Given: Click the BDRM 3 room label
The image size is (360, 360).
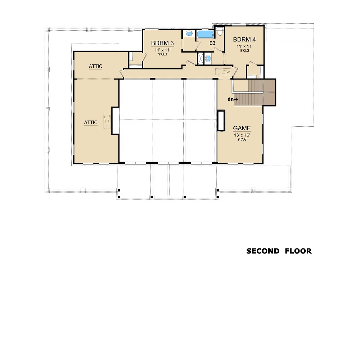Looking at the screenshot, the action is tap(162, 43).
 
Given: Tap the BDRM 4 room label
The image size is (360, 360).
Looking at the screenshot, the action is tap(244, 40).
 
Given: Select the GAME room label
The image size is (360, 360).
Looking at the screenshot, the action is tap(242, 128).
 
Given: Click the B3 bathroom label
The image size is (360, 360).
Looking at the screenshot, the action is tap(212, 43).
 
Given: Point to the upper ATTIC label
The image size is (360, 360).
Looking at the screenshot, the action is tap(95, 66).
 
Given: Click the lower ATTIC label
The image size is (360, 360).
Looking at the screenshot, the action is tap(91, 123).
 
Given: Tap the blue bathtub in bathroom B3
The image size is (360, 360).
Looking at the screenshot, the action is tap(206, 35).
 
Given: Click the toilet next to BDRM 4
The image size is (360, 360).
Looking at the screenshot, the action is tap(220, 31).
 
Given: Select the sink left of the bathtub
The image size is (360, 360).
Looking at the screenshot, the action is tap(189, 33).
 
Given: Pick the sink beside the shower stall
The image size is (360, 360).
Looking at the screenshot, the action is tap(208, 58).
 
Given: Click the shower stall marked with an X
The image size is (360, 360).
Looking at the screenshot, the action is tap(201, 59).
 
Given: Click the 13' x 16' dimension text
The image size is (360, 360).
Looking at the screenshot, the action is tap(242, 135).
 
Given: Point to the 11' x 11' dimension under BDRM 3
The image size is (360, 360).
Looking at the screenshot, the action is tap(163, 50).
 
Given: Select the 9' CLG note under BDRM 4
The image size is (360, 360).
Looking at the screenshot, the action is tap(244, 50).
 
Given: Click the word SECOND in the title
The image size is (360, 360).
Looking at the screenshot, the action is tap(263, 251).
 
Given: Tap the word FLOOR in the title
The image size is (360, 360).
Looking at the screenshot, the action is tap(298, 251).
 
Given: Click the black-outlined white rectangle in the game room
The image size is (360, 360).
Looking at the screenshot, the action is tap(221, 121).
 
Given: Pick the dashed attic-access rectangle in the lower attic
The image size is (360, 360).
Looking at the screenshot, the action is tap(107, 121).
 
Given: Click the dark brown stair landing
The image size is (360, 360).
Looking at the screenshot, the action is tap(269, 92).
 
